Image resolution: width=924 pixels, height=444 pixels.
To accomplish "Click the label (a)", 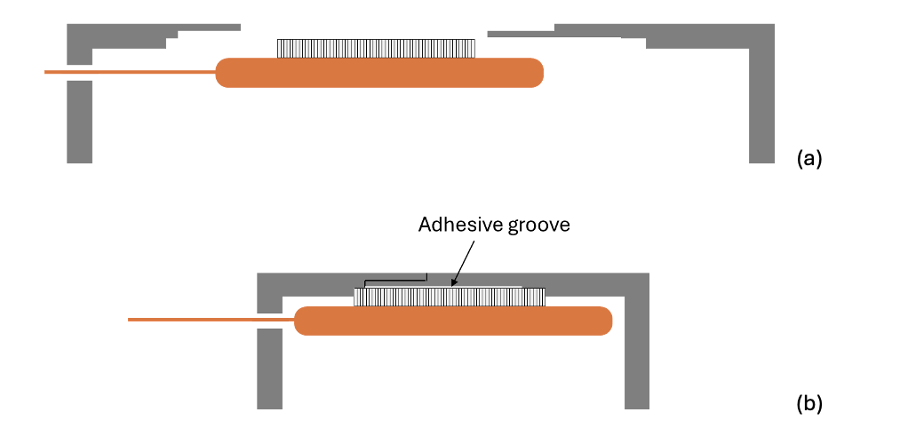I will (810, 158).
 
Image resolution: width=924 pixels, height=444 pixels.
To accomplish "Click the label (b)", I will (810, 405).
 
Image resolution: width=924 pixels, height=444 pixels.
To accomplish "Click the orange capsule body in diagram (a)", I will (379, 73).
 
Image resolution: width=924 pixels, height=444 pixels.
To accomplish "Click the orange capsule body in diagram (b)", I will (453, 321).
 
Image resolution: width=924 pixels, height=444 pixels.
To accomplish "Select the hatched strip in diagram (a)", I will (378, 48).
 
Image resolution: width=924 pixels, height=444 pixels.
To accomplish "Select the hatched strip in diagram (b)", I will (449, 297).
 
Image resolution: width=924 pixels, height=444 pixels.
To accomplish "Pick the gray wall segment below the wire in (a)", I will (80, 121).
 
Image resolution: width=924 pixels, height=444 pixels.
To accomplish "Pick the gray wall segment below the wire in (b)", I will (269, 368).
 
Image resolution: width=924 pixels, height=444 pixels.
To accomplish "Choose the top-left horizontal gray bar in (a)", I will (151, 30).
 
